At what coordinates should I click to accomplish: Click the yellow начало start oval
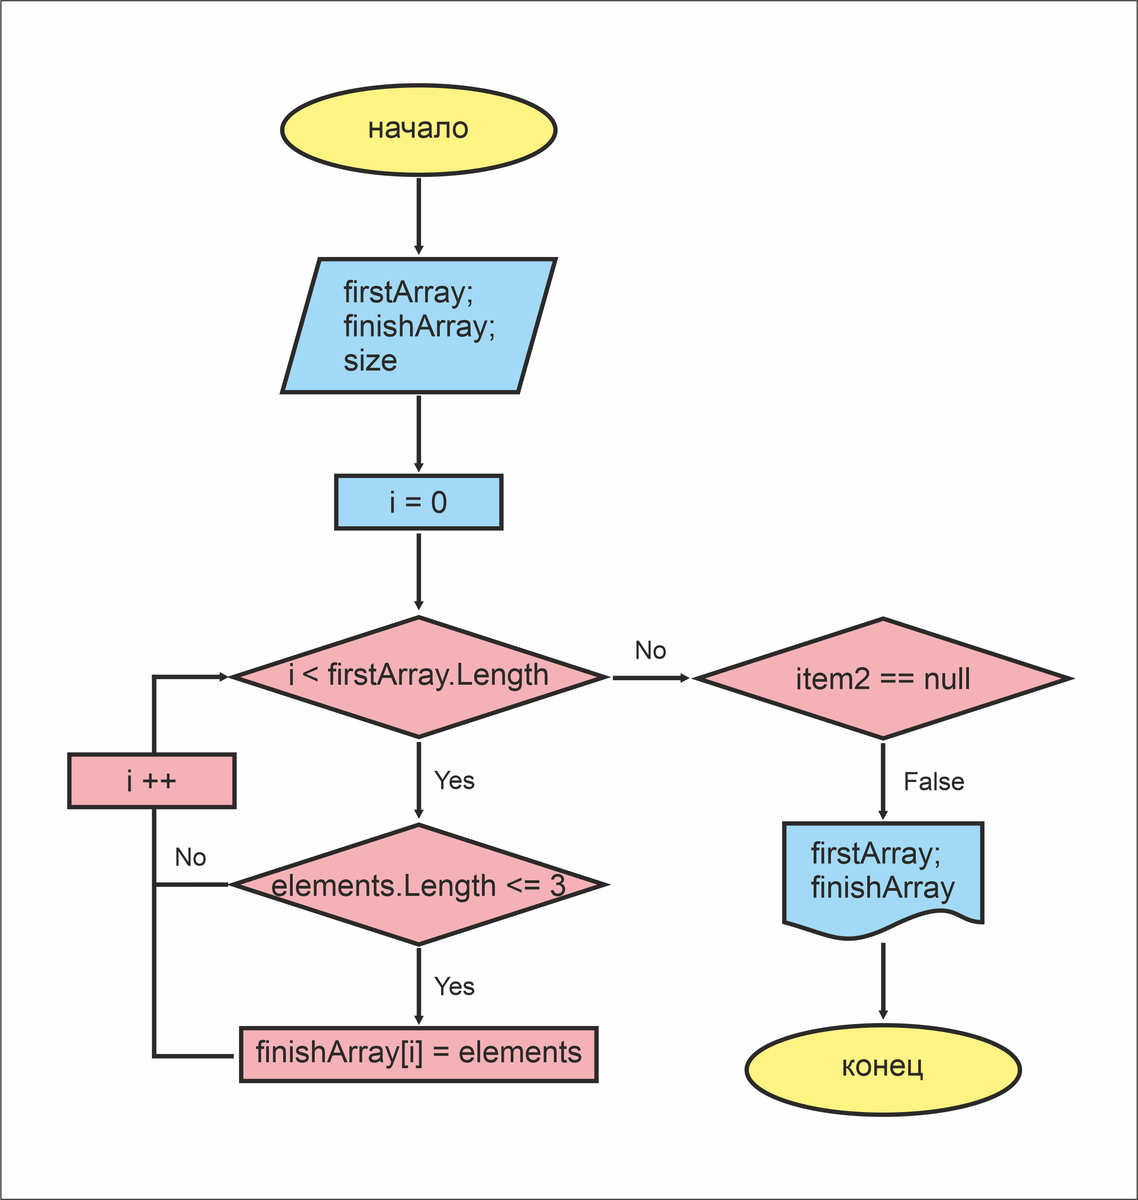(x=419, y=130)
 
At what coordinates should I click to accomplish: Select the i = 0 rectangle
(x=419, y=502)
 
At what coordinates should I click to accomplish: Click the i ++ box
(x=152, y=780)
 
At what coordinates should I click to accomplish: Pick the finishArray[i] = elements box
(x=419, y=1054)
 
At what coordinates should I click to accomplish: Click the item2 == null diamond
(x=883, y=678)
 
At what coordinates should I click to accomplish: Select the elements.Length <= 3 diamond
(x=419, y=885)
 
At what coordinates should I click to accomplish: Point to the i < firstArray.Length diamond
(x=419, y=676)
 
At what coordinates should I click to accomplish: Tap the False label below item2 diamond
(x=934, y=782)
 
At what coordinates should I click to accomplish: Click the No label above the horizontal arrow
(x=650, y=651)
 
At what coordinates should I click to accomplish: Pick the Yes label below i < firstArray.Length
(x=454, y=780)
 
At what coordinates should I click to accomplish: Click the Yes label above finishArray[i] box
(x=454, y=987)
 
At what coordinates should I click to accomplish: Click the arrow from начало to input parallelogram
(x=419, y=215)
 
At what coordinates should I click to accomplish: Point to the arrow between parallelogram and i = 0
(x=419, y=433)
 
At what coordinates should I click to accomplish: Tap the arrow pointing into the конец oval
(x=883, y=981)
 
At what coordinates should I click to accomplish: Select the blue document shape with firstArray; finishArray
(x=883, y=876)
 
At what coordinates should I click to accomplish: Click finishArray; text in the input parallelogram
(x=419, y=326)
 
